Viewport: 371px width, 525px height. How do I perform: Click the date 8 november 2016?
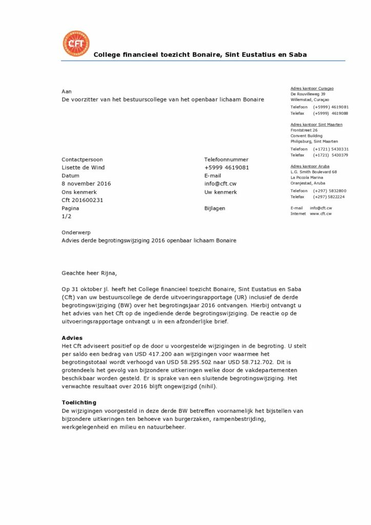(x=86, y=184)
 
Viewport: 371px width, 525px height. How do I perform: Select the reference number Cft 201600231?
(x=83, y=200)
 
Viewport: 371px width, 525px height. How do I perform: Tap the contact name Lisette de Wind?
(x=83, y=167)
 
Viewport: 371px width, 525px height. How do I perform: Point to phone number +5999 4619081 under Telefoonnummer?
(x=226, y=167)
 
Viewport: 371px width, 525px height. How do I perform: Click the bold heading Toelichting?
(x=79, y=402)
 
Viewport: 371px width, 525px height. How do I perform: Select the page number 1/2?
(x=67, y=216)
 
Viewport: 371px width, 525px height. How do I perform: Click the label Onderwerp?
(x=76, y=232)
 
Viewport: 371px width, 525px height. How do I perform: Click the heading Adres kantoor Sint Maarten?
(x=316, y=125)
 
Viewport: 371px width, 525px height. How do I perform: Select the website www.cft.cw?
(x=320, y=213)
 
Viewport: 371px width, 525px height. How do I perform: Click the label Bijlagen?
(x=215, y=209)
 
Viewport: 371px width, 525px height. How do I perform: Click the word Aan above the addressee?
(x=67, y=91)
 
